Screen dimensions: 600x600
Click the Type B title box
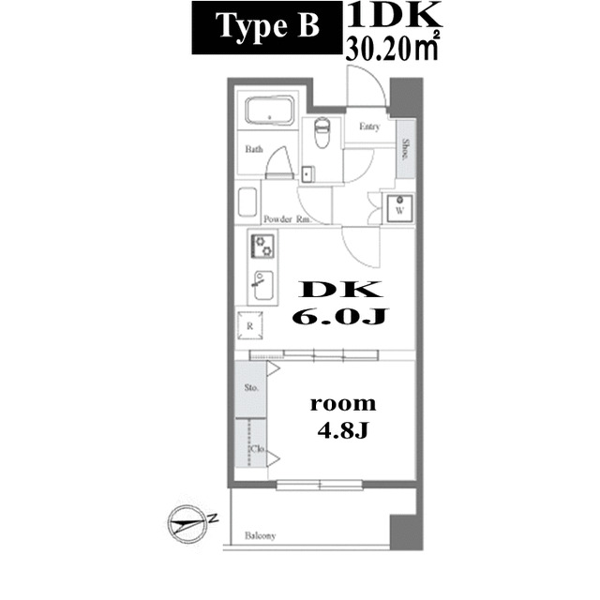click(x=266, y=29)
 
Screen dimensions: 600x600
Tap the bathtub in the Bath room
click(x=270, y=112)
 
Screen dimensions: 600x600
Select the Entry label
click(x=368, y=127)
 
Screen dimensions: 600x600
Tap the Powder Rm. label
click(x=288, y=218)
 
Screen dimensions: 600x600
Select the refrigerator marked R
click(x=250, y=326)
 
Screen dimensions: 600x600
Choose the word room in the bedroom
click(x=342, y=404)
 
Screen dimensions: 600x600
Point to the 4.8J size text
click(x=343, y=432)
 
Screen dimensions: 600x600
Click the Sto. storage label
click(x=251, y=386)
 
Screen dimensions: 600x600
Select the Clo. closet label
click(x=255, y=451)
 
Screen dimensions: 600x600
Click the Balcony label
click(x=261, y=536)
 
